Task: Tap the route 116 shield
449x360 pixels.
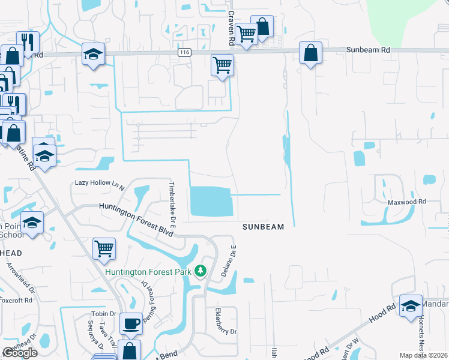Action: [x=184, y=53]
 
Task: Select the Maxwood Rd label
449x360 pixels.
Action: [x=405, y=202]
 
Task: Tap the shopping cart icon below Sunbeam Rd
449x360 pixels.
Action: [x=222, y=64]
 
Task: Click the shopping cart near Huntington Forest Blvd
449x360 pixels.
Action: [x=104, y=248]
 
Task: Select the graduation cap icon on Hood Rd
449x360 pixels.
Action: [x=411, y=306]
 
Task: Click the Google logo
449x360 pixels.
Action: [x=20, y=353]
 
